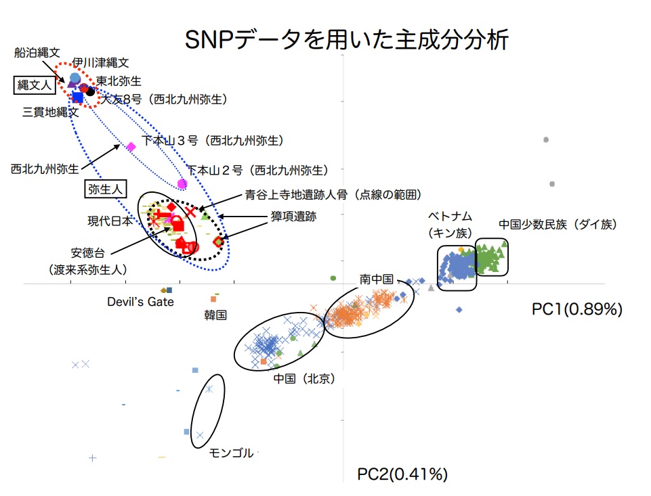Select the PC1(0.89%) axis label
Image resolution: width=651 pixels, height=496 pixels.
click(x=576, y=309)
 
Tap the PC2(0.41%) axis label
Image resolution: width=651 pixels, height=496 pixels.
click(x=402, y=474)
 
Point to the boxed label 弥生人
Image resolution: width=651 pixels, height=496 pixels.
click(x=104, y=189)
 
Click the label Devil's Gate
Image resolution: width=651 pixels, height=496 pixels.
click(x=140, y=302)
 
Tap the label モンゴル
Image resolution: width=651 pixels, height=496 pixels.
click(x=231, y=453)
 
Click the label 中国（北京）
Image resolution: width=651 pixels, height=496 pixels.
click(x=304, y=378)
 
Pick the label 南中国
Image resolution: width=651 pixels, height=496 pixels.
click(x=377, y=279)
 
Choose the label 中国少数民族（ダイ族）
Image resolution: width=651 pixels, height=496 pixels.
click(x=558, y=224)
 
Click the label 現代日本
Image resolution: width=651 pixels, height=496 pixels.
click(x=109, y=221)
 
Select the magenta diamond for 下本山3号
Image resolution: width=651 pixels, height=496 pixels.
click(x=131, y=146)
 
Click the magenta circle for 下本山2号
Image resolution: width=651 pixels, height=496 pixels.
click(x=182, y=184)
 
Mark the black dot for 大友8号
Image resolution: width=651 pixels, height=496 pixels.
click(x=91, y=91)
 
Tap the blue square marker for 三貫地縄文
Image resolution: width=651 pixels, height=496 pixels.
click(x=77, y=97)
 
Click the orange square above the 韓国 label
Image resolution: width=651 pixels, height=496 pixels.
click(x=213, y=298)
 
